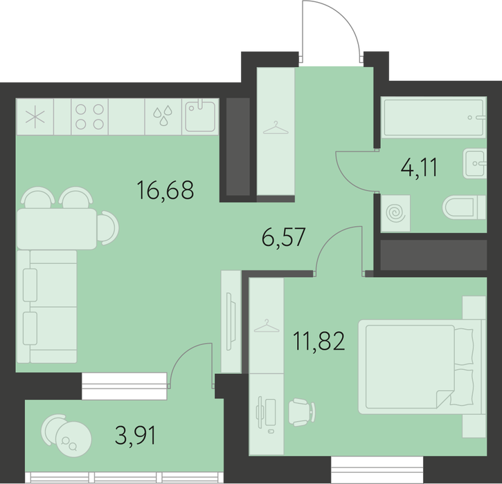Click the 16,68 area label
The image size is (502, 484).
[165, 190]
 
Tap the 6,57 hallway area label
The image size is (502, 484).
[284, 237]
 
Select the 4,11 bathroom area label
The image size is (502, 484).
[419, 167]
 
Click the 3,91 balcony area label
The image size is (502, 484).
[136, 436]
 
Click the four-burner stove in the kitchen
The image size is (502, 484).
[89, 117]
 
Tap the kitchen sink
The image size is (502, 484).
[200, 116]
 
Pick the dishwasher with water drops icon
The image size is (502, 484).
[163, 117]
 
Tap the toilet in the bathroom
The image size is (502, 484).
[464, 207]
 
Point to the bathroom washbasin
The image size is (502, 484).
[474, 164]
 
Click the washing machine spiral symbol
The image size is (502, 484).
[395, 213]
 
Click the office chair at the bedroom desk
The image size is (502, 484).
[302, 412]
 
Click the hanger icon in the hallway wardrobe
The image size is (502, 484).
[276, 129]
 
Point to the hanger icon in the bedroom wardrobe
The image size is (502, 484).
[267, 326]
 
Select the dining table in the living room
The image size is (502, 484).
[57, 229]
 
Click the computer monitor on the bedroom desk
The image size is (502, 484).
[260, 413]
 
